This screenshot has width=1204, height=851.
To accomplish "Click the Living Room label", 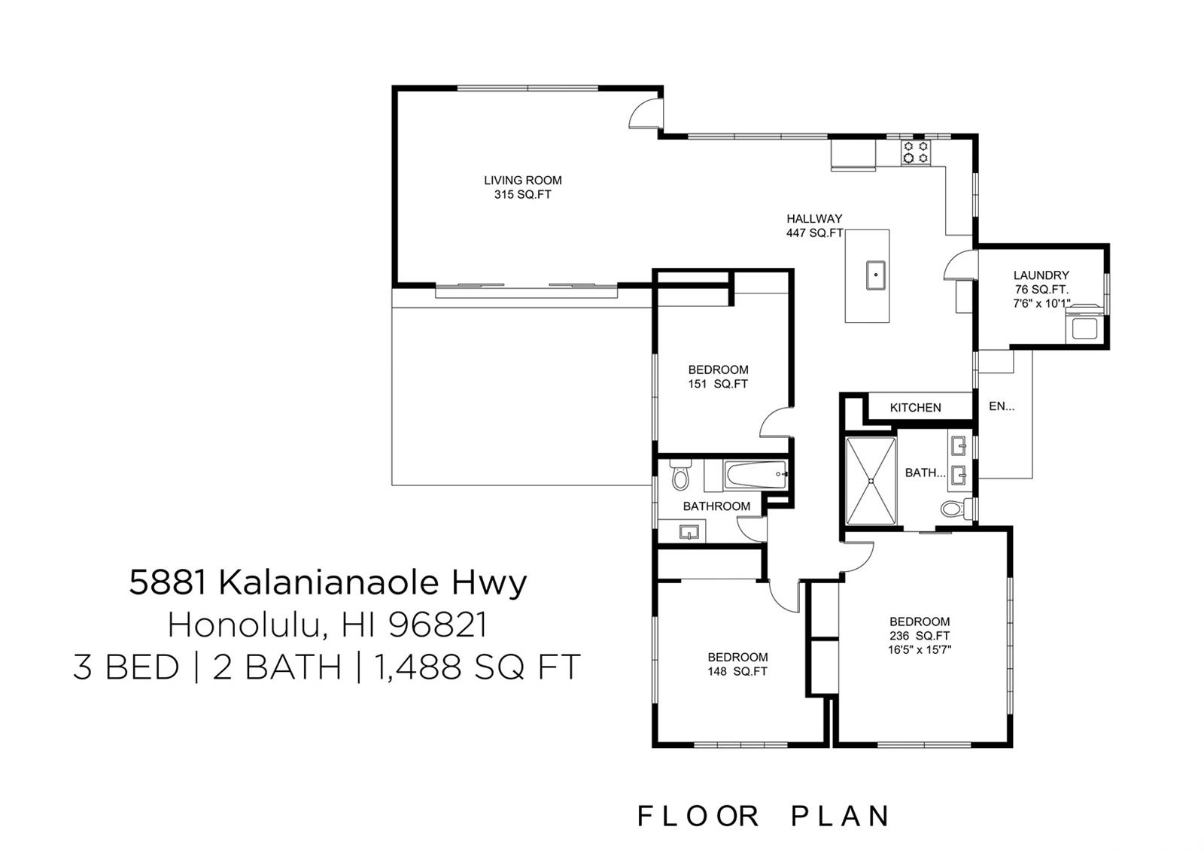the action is point(522,187).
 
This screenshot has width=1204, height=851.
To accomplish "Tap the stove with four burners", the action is point(916,152).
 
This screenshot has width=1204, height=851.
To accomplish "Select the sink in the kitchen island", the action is point(876,275).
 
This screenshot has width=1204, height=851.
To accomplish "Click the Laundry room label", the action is point(1041,289).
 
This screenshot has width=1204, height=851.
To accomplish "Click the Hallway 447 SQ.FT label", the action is point(814,226).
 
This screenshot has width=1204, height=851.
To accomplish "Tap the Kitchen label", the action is point(915,408).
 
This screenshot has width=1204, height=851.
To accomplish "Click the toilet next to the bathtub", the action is point(680,475).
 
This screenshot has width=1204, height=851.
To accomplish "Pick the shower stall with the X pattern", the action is point(871,481).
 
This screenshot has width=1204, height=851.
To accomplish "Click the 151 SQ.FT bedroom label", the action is point(718,377).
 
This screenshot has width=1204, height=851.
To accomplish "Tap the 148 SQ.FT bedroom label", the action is point(737,664).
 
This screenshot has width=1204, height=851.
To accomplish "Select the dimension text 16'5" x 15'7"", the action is point(920,649).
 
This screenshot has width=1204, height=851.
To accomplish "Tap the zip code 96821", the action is point(437,625).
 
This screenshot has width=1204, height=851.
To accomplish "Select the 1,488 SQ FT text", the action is point(477,667).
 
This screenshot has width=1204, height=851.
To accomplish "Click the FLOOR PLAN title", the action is point(763,816).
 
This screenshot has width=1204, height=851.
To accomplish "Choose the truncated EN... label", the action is point(1002,406).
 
